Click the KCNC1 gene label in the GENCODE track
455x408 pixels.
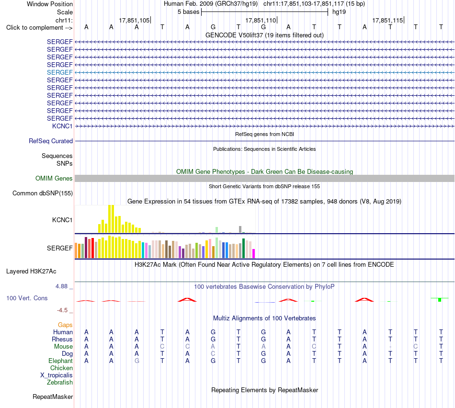click(62, 126)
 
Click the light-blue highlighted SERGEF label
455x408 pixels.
click(59, 72)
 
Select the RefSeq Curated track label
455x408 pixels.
click(51, 141)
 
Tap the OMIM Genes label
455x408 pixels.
click(54, 179)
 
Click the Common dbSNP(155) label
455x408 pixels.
click(43, 193)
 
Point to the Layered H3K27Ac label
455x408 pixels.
click(31, 272)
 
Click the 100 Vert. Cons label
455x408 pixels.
click(27, 298)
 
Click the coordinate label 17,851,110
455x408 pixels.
click(261, 21)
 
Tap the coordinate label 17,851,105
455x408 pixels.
click(134, 21)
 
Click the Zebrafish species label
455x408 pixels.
click(60, 383)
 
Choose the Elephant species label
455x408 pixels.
click(60, 361)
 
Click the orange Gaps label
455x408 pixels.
click(65, 325)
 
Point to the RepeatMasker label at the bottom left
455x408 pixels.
click(53, 397)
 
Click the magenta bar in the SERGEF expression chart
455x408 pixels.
click(254, 254)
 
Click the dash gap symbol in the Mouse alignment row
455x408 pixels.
click(390, 347)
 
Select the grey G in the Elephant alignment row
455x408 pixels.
click(136, 361)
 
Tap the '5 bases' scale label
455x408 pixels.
click(189, 12)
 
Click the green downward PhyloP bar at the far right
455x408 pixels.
click(440, 300)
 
